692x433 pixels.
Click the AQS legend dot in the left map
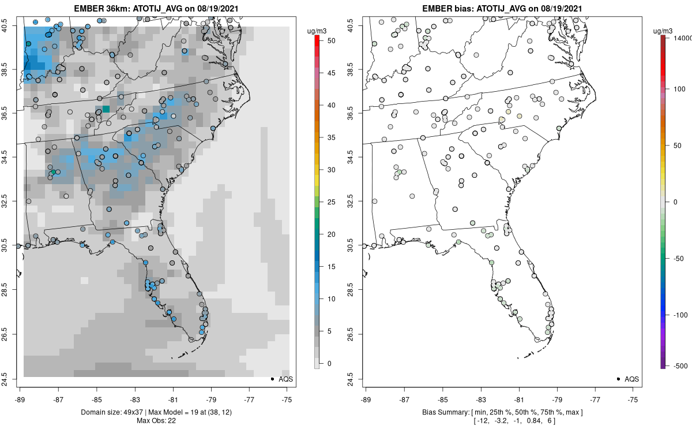(272, 379)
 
